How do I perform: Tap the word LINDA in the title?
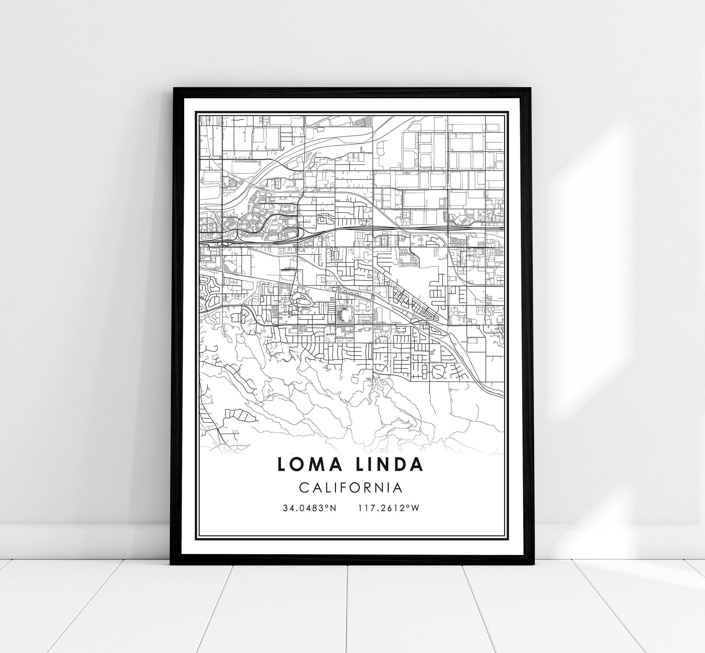389,465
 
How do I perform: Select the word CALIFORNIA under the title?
351,488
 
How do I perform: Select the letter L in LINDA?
360,465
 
